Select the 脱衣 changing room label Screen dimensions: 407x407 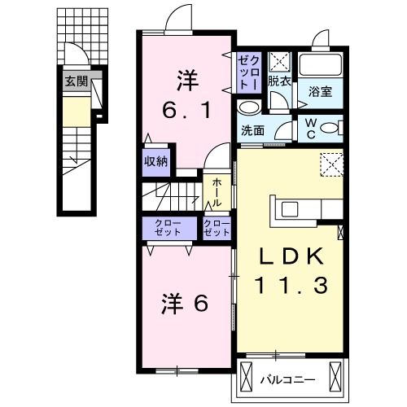[x=278, y=82]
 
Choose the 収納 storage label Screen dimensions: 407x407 [x=156, y=160]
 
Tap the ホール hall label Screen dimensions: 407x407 [x=217, y=193]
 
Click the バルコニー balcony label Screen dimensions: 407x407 [x=287, y=379]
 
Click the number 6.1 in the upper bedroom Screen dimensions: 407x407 [x=188, y=110]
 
